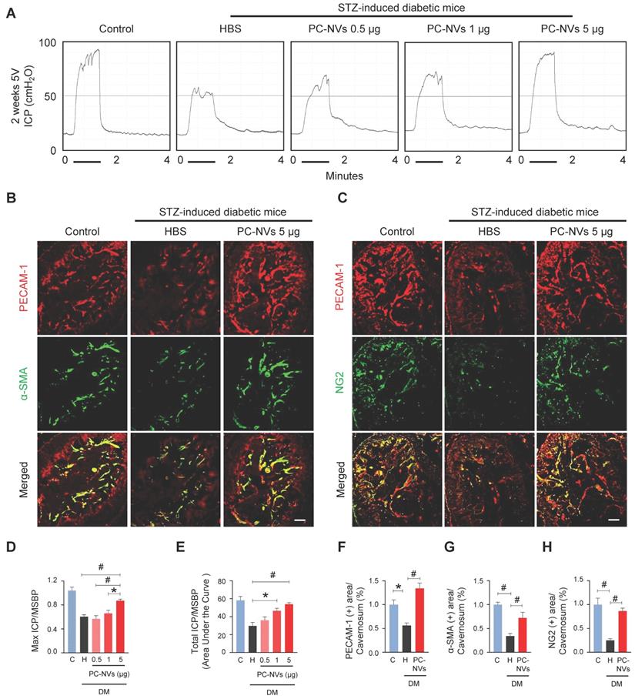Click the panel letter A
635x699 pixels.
pyautogui.click(x=11, y=13)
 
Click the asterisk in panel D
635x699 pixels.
pyautogui.click(x=115, y=591)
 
